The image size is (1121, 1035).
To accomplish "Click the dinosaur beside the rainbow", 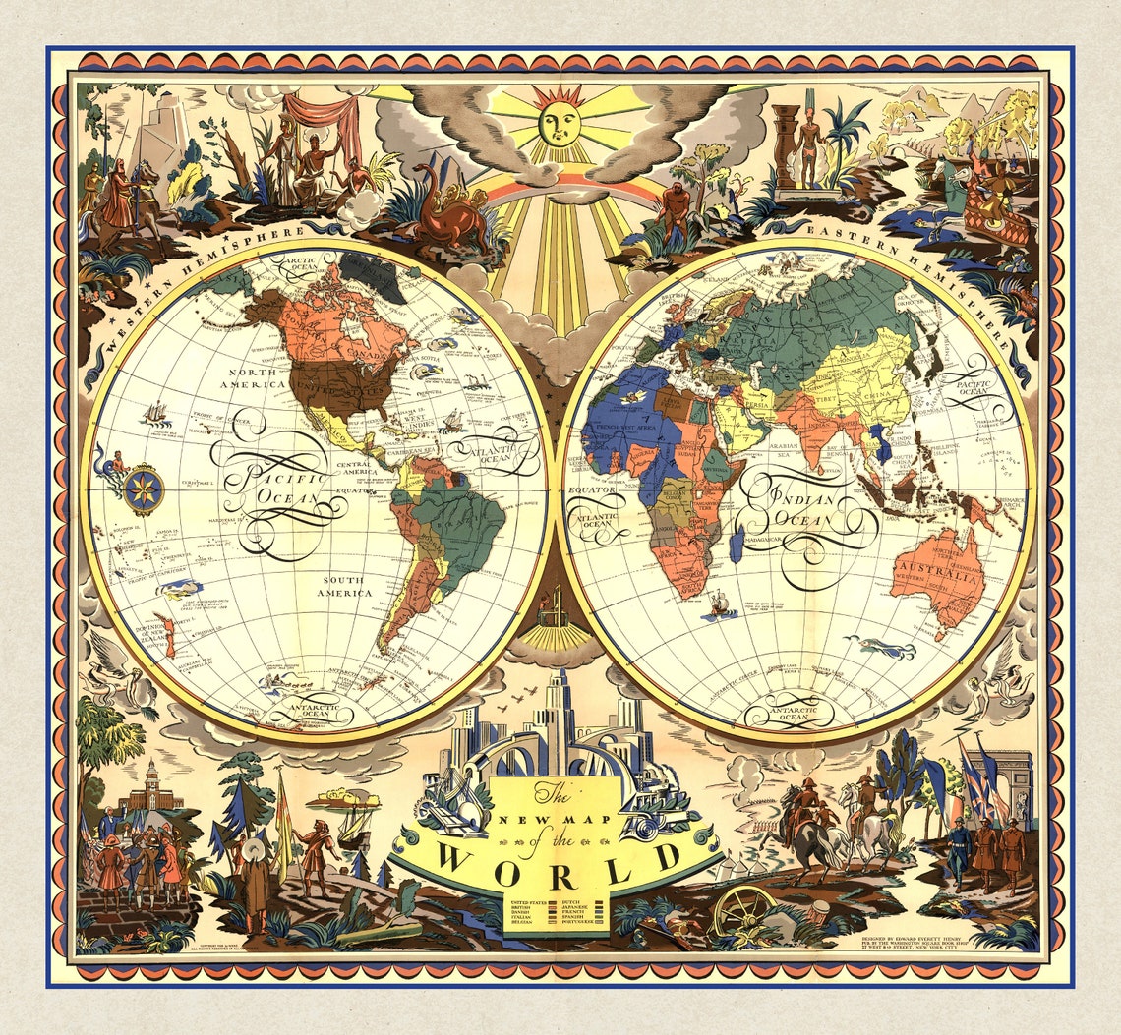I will pyautogui.click(x=446, y=211).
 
